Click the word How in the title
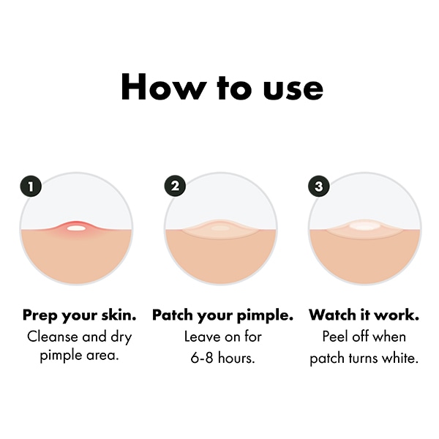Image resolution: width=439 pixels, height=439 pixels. pyautogui.click(x=162, y=86)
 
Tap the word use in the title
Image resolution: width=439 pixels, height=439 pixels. pyautogui.click(x=293, y=89)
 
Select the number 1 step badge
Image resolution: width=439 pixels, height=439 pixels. pyautogui.click(x=31, y=186)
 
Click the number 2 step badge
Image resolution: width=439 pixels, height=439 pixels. pyautogui.click(x=175, y=186)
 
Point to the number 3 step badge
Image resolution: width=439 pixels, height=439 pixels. pyautogui.click(x=318, y=186)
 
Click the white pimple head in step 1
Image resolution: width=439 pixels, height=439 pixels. pyautogui.click(x=76, y=228)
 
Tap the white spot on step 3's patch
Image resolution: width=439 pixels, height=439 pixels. pyautogui.click(x=364, y=225)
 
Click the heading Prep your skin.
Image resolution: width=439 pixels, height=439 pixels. pyautogui.click(x=80, y=315)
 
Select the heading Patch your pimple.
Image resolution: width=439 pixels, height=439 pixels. pyautogui.click(x=222, y=315)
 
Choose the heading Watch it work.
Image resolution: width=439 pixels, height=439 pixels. pyautogui.click(x=364, y=315)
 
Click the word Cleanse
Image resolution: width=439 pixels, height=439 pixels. pyautogui.click(x=53, y=337)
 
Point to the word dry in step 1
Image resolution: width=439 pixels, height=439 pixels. pyautogui.click(x=121, y=338)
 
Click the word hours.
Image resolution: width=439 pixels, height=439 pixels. pyautogui.click(x=236, y=358)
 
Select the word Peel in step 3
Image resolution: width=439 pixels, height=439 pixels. pyautogui.click(x=335, y=337)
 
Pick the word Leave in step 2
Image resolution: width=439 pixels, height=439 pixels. pyautogui.click(x=202, y=337)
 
